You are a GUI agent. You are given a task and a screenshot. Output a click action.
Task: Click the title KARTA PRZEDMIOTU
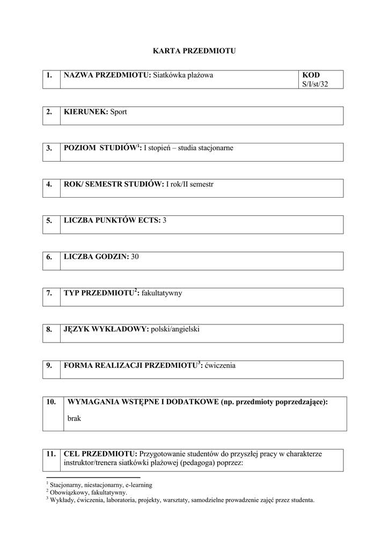[194, 51]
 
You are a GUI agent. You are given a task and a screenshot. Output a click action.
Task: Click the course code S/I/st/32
[315, 84]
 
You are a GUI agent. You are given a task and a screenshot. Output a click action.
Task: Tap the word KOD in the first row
[311, 75]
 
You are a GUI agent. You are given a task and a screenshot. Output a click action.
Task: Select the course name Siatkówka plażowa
[183, 75]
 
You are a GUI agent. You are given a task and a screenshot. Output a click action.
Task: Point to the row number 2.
[49, 112]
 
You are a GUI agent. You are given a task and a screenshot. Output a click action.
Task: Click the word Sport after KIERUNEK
[119, 112]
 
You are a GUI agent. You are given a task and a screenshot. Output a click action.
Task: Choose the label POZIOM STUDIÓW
[100, 148]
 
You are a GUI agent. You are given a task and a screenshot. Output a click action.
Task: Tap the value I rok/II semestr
[189, 184]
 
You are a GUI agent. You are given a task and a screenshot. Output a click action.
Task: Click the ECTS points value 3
[165, 221]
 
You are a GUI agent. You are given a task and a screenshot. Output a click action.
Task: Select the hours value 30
[135, 257]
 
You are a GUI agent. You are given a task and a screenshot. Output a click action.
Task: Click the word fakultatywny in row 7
[162, 293]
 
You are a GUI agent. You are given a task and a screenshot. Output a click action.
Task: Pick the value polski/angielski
[175, 329]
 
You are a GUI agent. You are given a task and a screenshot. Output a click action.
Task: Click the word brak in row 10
[74, 418]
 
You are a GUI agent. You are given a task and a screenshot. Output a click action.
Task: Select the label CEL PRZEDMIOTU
[100, 454]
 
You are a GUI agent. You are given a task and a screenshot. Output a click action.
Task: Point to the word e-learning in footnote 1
[137, 484]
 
